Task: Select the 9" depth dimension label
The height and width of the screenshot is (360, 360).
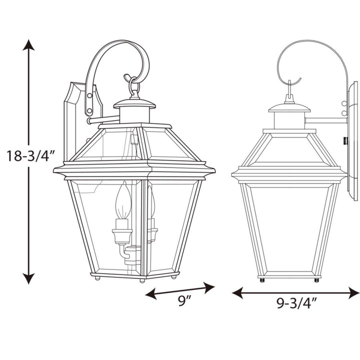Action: coord(185,301)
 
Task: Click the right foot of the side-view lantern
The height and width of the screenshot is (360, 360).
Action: coord(316,279)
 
